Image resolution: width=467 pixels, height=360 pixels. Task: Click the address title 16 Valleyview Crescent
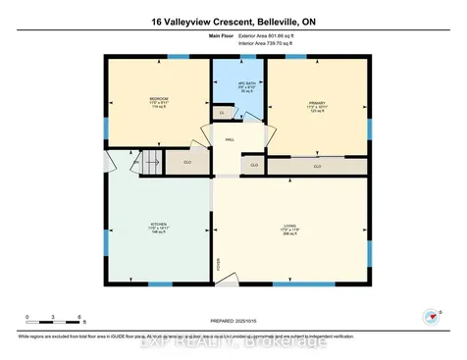pos(233,21)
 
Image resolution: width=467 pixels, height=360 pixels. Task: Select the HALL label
pos(229,140)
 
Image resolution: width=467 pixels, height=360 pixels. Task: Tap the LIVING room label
pos(288,231)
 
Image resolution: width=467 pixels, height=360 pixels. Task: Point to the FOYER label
pos(219,263)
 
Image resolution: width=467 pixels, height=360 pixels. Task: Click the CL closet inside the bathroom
pos(223,114)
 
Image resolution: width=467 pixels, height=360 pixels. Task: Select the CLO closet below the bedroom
pos(186,162)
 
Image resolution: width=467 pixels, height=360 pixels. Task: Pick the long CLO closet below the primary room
pos(317,166)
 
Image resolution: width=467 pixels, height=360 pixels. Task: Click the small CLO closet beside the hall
pos(253,165)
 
